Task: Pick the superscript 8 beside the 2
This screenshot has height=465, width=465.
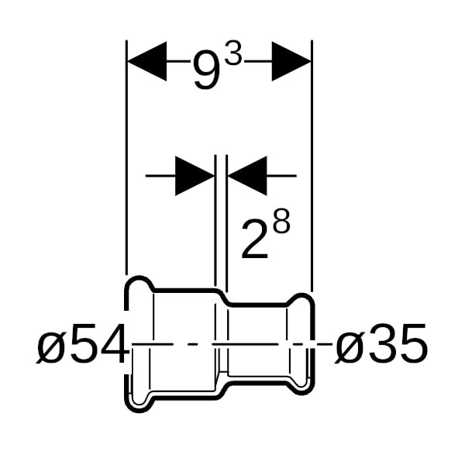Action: [x=281, y=222]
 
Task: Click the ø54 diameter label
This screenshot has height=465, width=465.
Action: [x=82, y=343]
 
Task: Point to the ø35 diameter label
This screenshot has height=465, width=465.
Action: [x=381, y=343]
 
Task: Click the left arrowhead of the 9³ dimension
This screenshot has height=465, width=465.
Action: [x=146, y=61]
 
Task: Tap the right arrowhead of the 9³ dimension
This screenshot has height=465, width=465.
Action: [x=291, y=61]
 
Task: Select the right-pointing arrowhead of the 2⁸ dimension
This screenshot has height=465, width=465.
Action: [x=195, y=176]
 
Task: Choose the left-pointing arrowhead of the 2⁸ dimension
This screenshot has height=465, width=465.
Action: [x=247, y=176]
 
